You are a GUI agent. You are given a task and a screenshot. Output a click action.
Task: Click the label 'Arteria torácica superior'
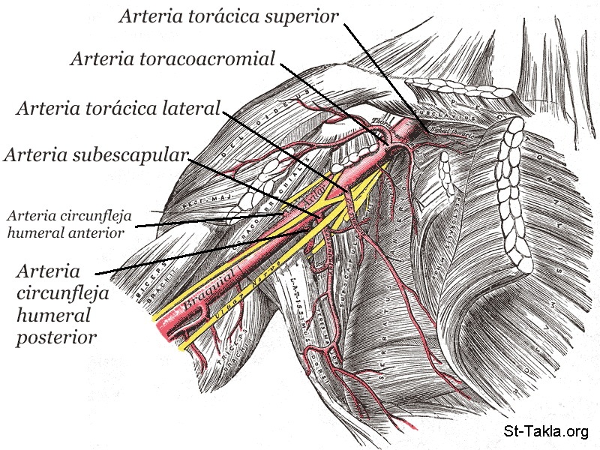pyautogui.click(x=229, y=16)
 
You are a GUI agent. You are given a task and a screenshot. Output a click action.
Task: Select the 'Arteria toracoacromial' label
pyautogui.click(x=173, y=58)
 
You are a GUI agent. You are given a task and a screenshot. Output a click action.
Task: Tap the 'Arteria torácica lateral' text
pyautogui.click(x=118, y=109)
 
